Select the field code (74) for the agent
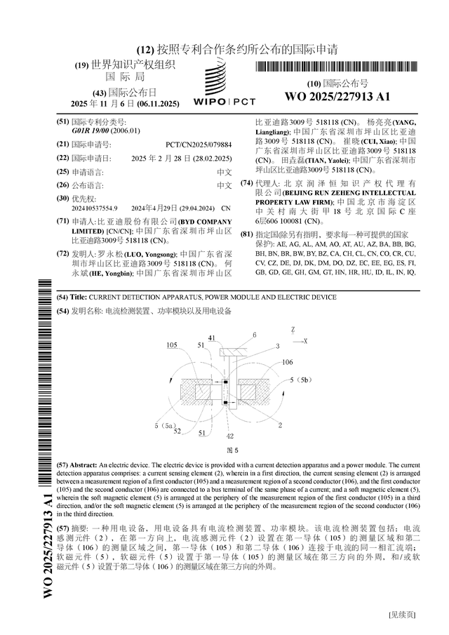pos(246,182)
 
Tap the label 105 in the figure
pos(172,345)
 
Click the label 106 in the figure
pos(287,362)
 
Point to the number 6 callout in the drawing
pos(255,335)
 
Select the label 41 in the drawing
pos(212,337)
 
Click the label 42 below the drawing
pos(231,436)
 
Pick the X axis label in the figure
pos(307,339)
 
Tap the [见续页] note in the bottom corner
pos(402,615)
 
